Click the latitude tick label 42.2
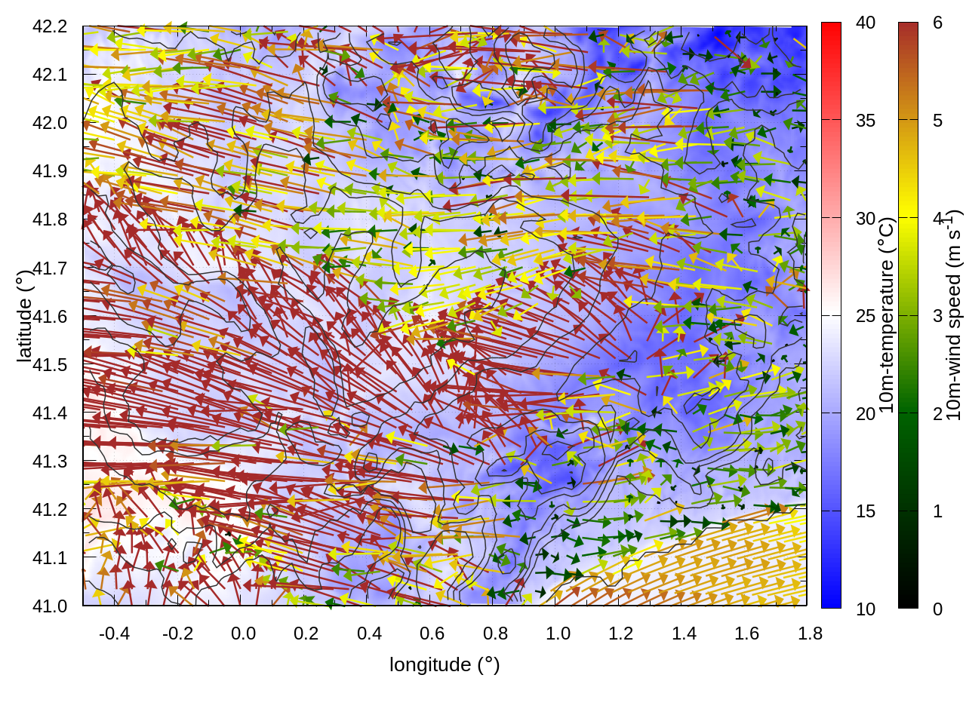point(50,26)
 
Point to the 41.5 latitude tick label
point(50,365)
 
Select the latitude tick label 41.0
point(50,606)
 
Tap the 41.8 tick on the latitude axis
point(50,219)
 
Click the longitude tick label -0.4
point(114,633)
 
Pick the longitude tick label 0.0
point(243,633)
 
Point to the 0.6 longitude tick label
point(432,633)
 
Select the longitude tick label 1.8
point(810,633)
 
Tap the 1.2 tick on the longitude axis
point(620,633)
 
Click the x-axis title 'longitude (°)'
point(445,664)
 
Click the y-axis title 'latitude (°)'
point(24,317)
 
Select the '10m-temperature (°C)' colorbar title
point(887,315)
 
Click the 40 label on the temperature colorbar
point(866,23)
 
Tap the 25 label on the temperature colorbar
point(866,316)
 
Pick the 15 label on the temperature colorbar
point(866,511)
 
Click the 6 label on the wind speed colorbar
point(937,23)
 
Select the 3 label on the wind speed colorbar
point(937,316)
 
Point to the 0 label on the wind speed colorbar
point(937,609)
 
